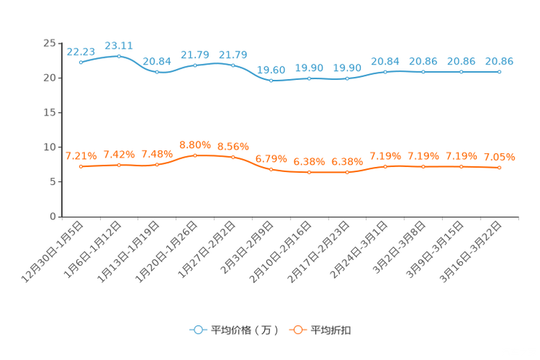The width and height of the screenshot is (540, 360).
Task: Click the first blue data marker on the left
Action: click(81, 62)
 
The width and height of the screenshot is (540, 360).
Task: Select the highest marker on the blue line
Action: click(119, 56)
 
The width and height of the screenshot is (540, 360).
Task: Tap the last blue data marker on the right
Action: click(499, 71)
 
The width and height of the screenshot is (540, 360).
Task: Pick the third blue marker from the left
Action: click(157, 72)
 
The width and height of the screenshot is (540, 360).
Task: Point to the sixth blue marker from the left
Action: click(271, 80)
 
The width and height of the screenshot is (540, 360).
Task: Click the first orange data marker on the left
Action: click(81, 166)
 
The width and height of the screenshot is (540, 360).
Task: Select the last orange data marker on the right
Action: click(499, 168)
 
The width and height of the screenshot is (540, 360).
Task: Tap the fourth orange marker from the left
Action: click(195, 155)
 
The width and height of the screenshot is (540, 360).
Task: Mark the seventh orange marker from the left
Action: click(309, 172)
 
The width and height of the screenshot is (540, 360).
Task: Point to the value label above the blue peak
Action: click(119, 46)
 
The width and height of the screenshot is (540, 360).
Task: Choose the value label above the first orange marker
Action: click(81, 155)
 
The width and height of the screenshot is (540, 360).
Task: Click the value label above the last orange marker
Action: click(499, 157)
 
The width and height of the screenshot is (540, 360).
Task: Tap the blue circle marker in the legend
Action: click(197, 330)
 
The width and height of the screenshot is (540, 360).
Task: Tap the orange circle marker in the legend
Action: click(297, 330)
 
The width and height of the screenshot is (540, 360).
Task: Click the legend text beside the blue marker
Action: click(245, 330)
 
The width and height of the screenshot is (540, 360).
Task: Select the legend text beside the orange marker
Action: click(332, 330)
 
